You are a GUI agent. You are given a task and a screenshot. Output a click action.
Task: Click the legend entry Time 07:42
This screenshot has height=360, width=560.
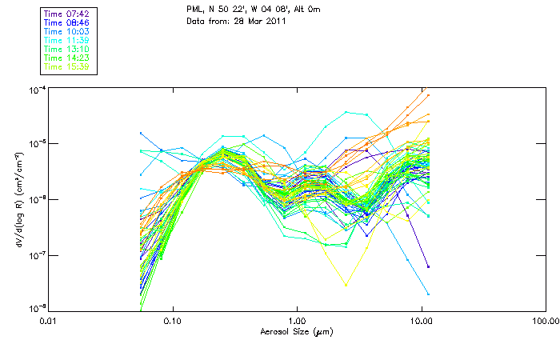[x=67, y=14]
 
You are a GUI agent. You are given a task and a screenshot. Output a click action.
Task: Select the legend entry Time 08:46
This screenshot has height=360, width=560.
[x=67, y=22]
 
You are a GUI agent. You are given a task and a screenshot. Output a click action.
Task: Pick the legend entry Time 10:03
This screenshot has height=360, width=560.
[x=67, y=31]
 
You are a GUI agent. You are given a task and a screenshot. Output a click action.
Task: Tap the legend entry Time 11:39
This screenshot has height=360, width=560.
[x=67, y=40]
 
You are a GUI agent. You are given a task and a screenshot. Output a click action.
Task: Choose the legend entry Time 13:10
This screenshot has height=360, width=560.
[x=67, y=49]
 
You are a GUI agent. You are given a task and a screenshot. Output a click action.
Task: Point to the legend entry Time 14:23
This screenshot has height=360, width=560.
[x=67, y=58]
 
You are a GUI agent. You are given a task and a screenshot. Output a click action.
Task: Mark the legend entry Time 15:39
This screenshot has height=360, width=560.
[x=67, y=66]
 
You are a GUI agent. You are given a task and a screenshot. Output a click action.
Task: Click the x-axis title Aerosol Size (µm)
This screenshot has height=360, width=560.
[x=298, y=330]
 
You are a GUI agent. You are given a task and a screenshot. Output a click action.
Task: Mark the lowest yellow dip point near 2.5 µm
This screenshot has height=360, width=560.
[x=346, y=285]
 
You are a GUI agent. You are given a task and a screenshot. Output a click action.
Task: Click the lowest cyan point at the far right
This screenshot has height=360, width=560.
[x=429, y=294]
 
